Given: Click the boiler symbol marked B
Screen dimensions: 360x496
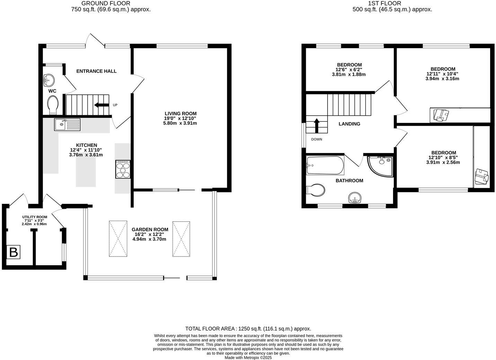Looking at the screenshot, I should click(x=14, y=252).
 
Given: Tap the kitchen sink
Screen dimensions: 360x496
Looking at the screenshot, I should click(x=67, y=124).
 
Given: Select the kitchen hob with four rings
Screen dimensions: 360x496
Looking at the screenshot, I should click(x=123, y=170).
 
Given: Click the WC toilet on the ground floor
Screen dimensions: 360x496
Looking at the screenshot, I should click(x=53, y=105).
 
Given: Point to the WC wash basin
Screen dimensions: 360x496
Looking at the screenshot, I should click(x=49, y=80).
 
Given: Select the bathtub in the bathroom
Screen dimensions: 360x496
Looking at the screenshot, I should click(x=325, y=165).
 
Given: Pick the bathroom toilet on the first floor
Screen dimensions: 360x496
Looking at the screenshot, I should click(x=315, y=190).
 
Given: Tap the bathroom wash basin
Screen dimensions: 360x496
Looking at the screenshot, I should click(x=355, y=198).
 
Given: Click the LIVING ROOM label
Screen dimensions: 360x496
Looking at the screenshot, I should click(x=180, y=114).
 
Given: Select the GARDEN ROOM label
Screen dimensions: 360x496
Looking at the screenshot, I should click(x=150, y=229).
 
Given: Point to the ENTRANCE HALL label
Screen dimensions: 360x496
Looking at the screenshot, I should click(x=96, y=71).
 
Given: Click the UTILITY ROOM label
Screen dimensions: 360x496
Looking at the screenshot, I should click(x=35, y=217).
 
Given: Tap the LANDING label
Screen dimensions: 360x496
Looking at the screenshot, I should click(x=349, y=124).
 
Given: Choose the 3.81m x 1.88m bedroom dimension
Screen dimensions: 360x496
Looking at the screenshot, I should click(x=349, y=74).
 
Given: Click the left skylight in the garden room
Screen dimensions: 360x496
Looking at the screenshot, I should click(x=118, y=239).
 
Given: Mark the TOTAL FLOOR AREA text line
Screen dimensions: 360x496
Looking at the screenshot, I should click(x=248, y=329).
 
